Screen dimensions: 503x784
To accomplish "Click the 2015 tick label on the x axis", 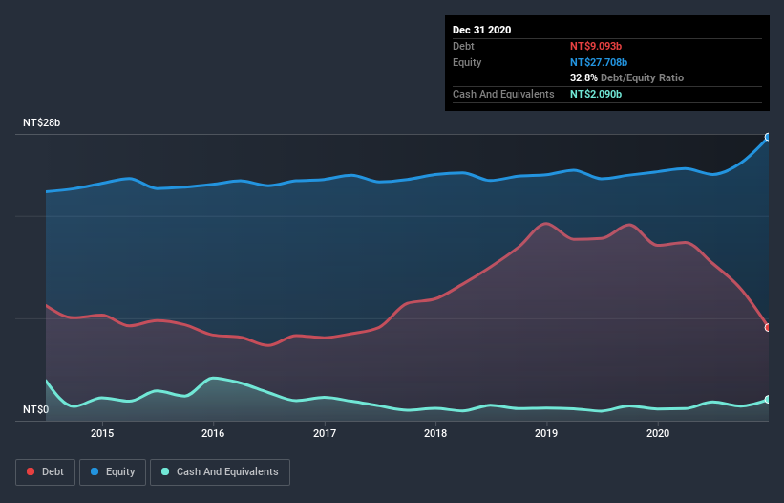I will (102, 433).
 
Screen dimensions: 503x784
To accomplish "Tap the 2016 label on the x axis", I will (213, 433).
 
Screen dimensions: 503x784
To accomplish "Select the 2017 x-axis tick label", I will (325, 433).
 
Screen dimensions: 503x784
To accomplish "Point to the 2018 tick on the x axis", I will (435, 433).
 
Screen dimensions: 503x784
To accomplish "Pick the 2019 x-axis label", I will (546, 433).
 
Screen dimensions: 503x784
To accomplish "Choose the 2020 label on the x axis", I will (658, 433).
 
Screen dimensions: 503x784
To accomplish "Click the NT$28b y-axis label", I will (43, 123).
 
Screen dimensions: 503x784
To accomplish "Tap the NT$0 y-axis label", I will (36, 410).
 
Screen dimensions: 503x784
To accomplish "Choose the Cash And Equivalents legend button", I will (220, 471).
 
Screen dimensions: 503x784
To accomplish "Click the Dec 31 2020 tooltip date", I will (481, 30).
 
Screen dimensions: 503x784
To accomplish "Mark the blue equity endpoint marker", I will (767, 137).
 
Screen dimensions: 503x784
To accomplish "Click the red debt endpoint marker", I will (767, 327).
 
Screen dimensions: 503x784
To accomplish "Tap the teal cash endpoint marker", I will (767, 400).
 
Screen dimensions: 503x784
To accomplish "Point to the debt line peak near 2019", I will (545, 223).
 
